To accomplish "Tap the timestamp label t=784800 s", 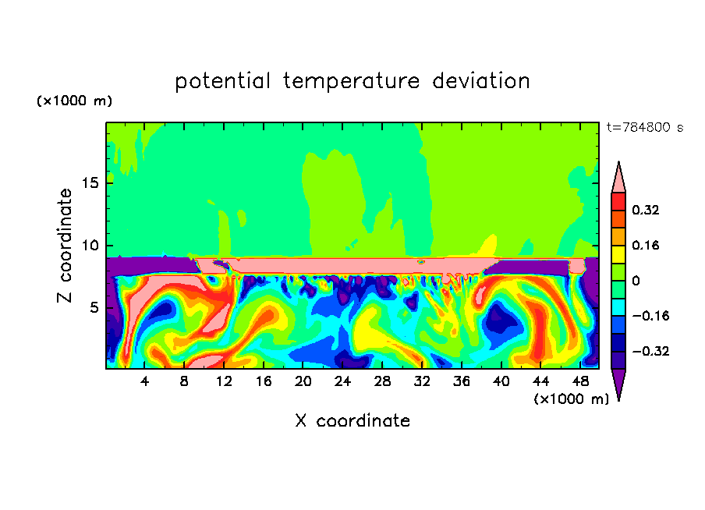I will pyautogui.click(x=644, y=127).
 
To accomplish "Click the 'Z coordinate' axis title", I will pyautogui.click(x=66, y=245).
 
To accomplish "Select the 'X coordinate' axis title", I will pyautogui.click(x=352, y=421).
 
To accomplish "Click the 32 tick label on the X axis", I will pyautogui.click(x=422, y=381).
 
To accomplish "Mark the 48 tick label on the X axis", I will pyautogui.click(x=579, y=381).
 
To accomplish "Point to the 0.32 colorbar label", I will pyautogui.click(x=646, y=210).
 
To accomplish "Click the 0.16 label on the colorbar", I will pyautogui.click(x=646, y=245).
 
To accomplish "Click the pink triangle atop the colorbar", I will pyautogui.click(x=618, y=178).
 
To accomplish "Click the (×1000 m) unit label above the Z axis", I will pyautogui.click(x=75, y=101).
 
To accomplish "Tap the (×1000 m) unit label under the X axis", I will pyautogui.click(x=571, y=398).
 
